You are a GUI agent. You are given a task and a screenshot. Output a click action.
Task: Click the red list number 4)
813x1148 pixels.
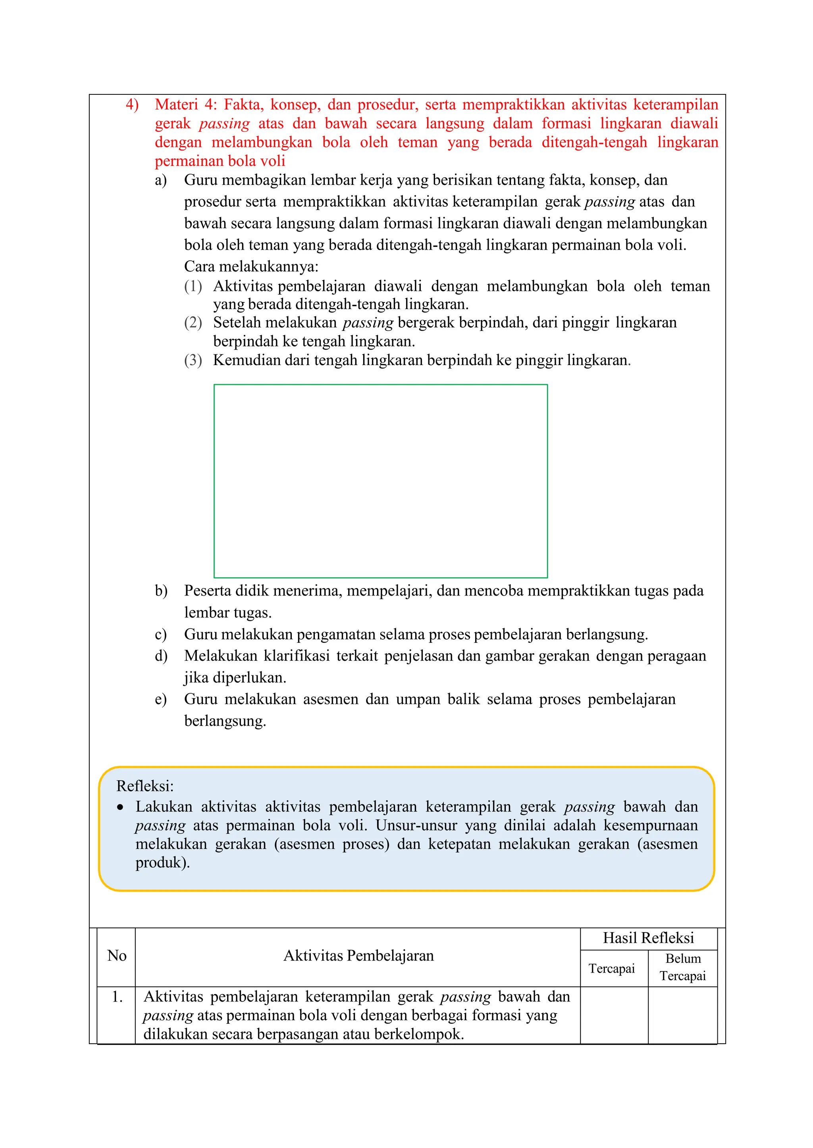coord(132,105)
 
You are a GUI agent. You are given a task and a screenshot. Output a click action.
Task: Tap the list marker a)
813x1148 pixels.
coord(161,180)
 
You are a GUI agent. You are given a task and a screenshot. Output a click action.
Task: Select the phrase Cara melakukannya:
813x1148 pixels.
coord(251,266)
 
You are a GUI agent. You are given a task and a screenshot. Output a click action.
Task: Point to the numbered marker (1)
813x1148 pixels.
coord(193,286)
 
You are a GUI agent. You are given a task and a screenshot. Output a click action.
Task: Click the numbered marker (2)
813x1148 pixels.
coord(193,323)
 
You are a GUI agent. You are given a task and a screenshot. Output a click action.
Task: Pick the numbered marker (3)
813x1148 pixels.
coord(193,360)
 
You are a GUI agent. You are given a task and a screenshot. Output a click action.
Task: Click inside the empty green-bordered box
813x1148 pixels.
coord(380,481)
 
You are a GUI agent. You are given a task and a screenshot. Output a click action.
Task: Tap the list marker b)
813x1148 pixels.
coord(161,591)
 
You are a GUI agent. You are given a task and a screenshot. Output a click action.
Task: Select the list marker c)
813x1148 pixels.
coord(161,635)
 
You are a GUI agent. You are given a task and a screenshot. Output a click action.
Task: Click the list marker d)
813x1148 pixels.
coord(161,656)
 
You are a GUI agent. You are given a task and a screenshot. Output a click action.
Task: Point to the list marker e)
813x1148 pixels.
coord(161,700)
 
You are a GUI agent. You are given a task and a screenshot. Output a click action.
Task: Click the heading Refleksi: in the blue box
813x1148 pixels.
coord(144,786)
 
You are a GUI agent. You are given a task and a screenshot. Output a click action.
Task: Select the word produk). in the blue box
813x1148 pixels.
coord(162,863)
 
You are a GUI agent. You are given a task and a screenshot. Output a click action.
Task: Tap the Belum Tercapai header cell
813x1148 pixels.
coord(682,967)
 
